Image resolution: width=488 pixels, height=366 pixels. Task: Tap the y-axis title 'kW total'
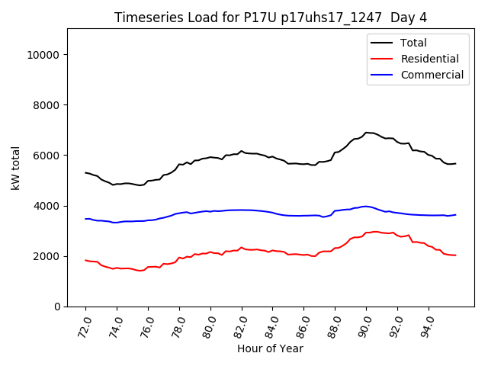tap(16, 168)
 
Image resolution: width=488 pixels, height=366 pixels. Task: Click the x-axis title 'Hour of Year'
tap(270, 348)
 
